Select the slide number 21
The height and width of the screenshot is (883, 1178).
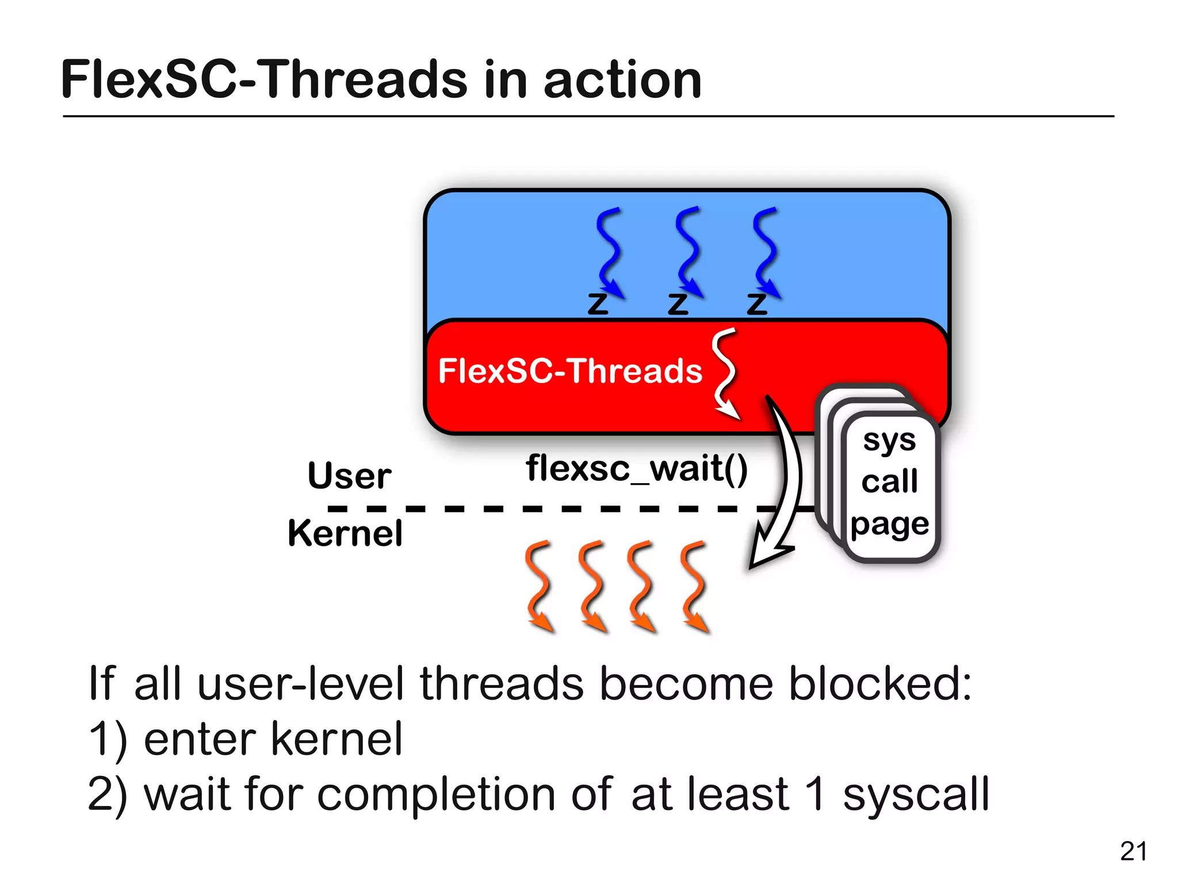[x=1133, y=851]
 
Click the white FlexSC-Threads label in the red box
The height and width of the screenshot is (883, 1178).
[x=569, y=371]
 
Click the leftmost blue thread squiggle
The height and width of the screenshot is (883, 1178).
[x=609, y=251]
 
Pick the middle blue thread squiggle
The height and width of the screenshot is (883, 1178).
[x=688, y=251]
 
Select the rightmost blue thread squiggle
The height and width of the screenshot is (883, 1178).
[x=766, y=251]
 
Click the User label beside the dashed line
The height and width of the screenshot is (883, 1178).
[x=349, y=476]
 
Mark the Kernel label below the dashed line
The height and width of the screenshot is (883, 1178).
[x=345, y=533]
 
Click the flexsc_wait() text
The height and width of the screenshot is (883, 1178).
[x=636, y=468]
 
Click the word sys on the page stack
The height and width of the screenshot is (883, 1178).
[x=889, y=441]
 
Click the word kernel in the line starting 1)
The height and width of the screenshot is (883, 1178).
[x=336, y=739]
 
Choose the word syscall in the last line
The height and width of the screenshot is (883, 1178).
[x=916, y=794]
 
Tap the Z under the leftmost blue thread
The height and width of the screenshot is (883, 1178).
[x=598, y=303]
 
